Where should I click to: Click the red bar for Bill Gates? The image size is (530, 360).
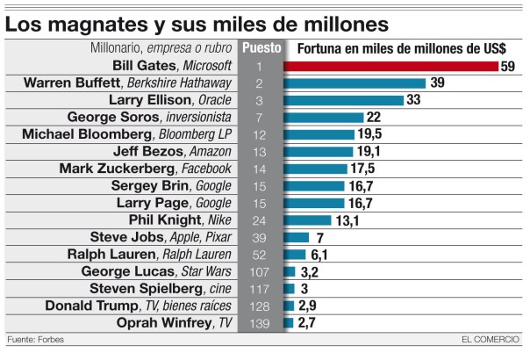391,66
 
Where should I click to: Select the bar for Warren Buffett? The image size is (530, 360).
355,83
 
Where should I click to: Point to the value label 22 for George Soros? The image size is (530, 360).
373,117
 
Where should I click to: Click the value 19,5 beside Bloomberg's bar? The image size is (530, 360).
369,134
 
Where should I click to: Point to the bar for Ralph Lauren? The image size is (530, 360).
295,254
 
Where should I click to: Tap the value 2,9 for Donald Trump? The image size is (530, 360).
308,306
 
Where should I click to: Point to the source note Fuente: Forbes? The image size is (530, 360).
35,341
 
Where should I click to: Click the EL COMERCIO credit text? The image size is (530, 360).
490,341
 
